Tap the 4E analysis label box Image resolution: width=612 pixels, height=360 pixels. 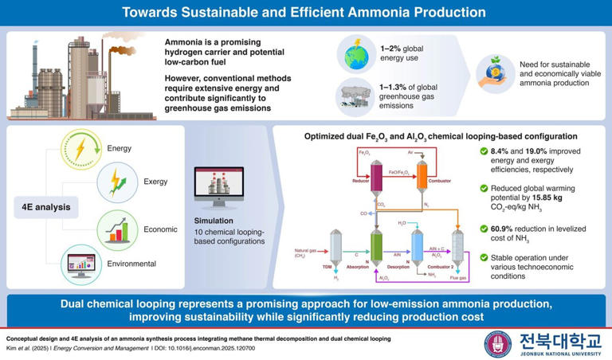tap(45, 209)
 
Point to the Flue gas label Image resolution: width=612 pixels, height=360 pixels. tap(457, 279)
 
